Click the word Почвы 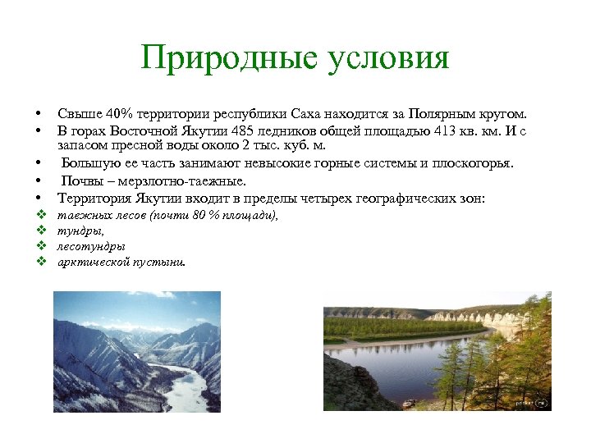[82, 180]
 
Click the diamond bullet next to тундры [39, 231]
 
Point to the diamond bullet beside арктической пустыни [39, 262]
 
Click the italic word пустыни [163, 263]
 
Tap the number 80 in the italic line [199, 215]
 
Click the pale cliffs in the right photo [476, 317]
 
